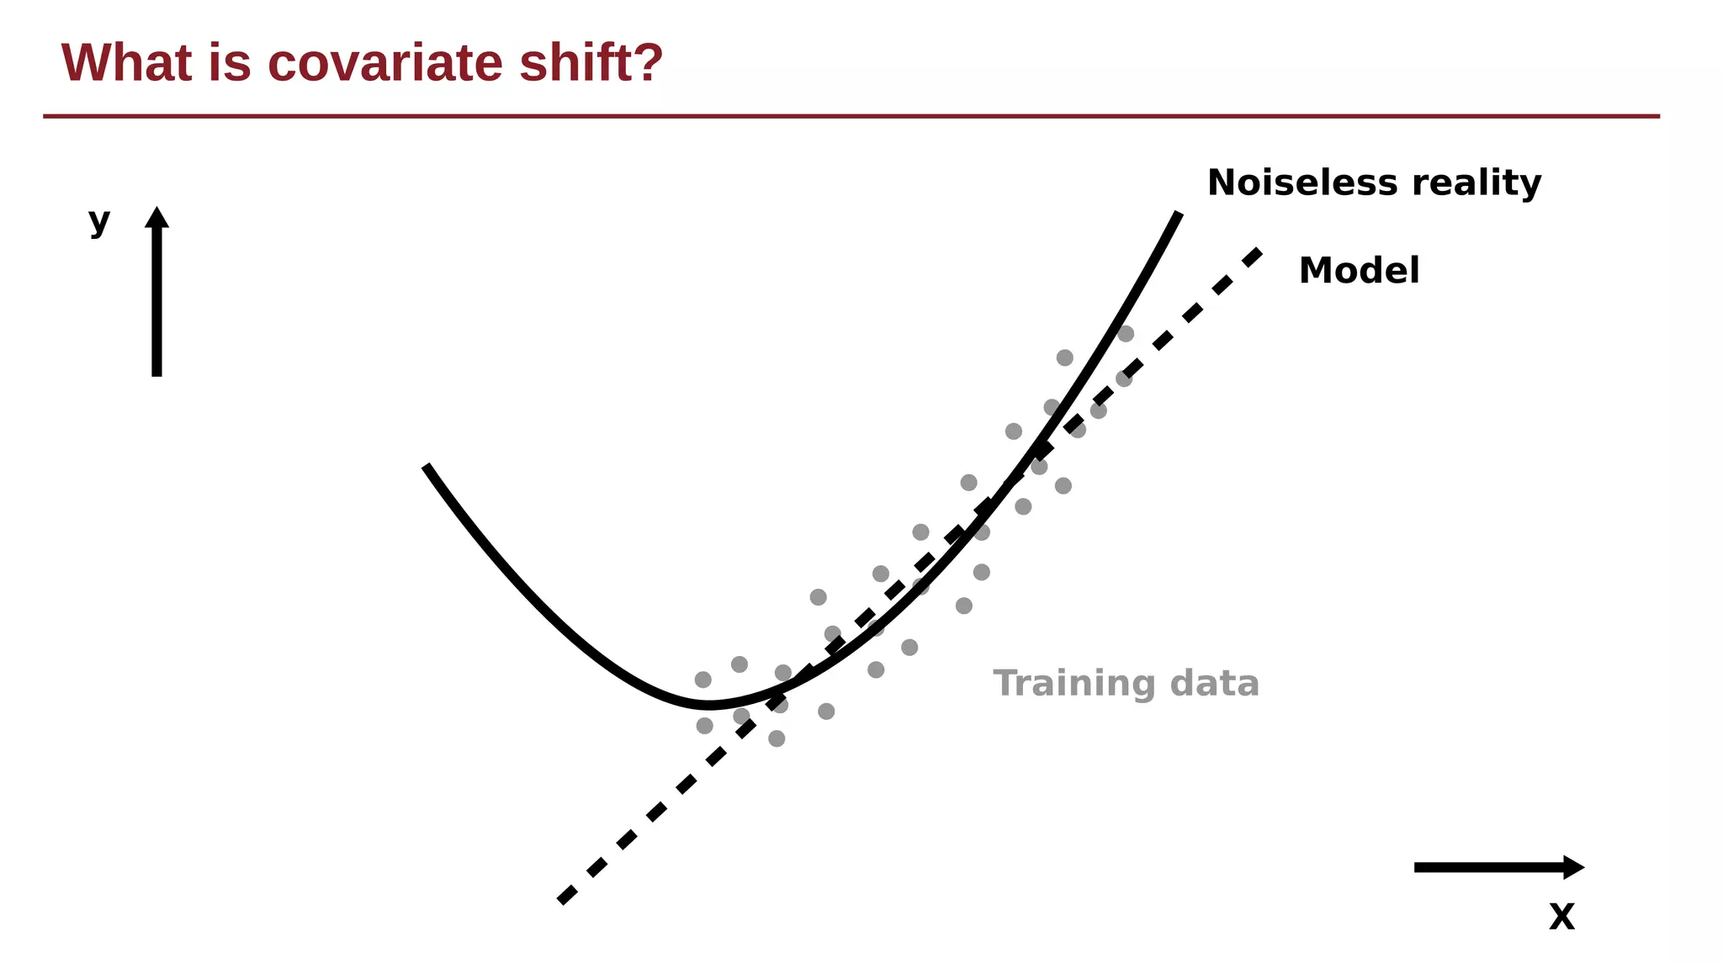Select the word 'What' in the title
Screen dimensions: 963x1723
point(126,63)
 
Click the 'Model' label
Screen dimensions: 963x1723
point(1359,271)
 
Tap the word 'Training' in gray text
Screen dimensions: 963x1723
point(1074,684)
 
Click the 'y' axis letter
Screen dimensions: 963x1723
point(99,222)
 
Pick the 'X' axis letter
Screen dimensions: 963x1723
point(1561,917)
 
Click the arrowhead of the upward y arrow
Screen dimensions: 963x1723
point(156,217)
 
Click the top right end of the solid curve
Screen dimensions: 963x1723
point(1179,214)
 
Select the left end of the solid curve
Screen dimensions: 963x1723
point(426,466)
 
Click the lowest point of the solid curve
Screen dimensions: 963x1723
point(708,705)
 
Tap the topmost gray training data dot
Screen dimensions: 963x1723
point(1126,334)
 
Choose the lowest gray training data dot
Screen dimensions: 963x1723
point(777,738)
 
